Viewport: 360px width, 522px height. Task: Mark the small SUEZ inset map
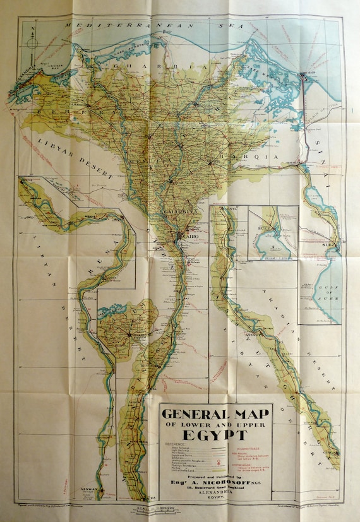pyautogui.click(x=272, y=233)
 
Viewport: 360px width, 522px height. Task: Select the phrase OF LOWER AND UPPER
pyautogui.click(x=215, y=425)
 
